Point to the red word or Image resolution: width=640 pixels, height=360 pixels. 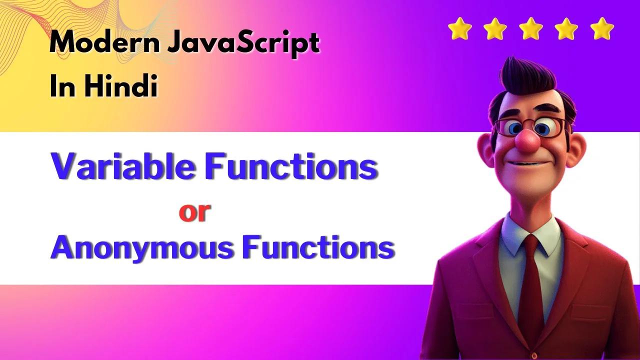click(194, 212)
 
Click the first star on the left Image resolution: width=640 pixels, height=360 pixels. click(459, 28)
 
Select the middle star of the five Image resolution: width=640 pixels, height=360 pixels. click(531, 28)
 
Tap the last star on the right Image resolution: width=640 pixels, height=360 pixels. click(602, 28)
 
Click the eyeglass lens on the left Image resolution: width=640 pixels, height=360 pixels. click(510, 128)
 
